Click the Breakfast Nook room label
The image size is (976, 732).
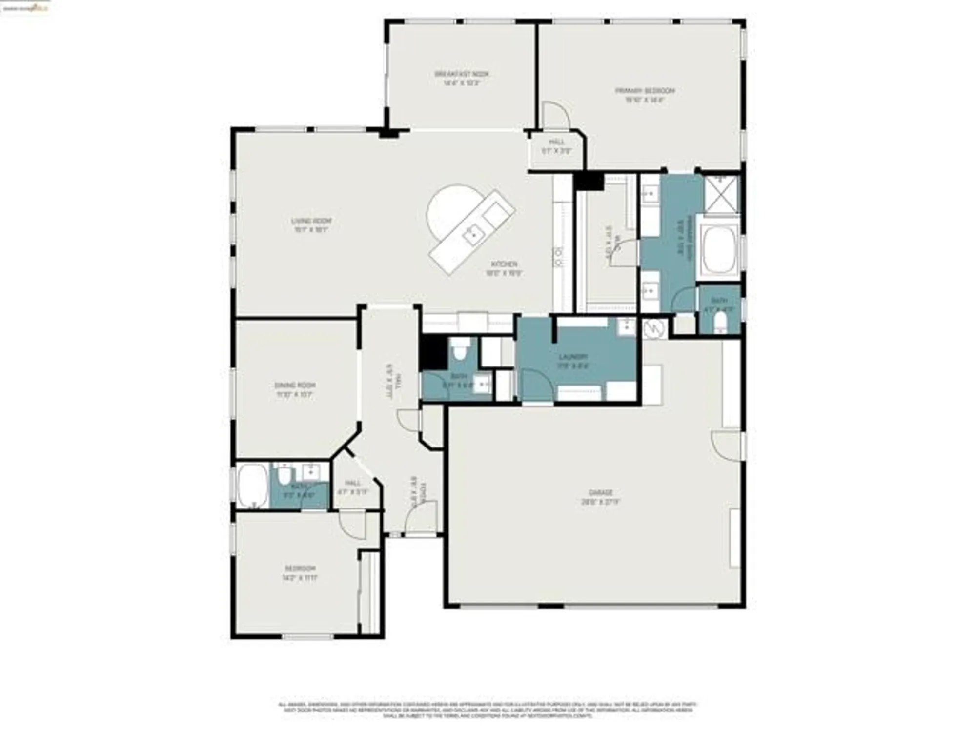pyautogui.click(x=461, y=78)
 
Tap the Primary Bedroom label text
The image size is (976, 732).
pyautogui.click(x=645, y=95)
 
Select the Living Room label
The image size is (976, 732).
pyautogui.click(x=311, y=225)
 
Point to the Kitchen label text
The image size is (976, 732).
pyautogui.click(x=504, y=269)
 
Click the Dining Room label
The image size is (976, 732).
pyautogui.click(x=295, y=389)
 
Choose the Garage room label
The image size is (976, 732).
pyautogui.click(x=600, y=497)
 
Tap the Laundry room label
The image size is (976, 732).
pyautogui.click(x=573, y=361)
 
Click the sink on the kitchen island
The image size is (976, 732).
pyautogui.click(x=472, y=236)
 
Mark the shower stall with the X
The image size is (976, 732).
pyautogui.click(x=721, y=194)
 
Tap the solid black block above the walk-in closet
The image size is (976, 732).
pyautogui.click(x=589, y=182)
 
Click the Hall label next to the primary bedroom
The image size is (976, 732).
pyautogui.click(x=556, y=146)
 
